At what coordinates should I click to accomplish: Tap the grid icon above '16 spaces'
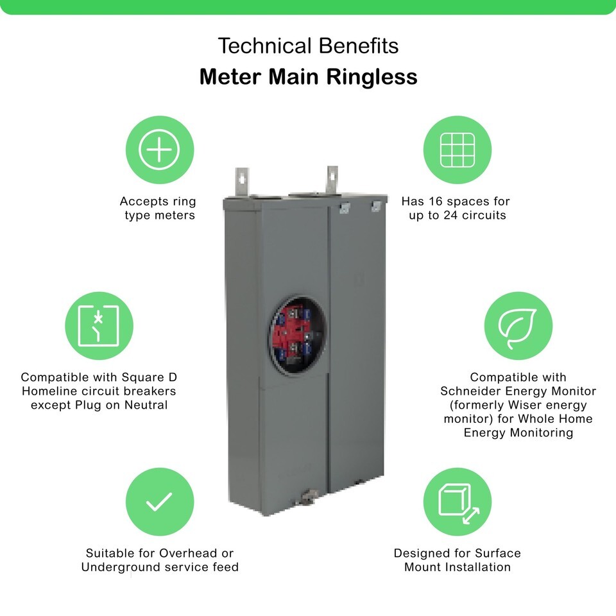pyautogui.click(x=458, y=150)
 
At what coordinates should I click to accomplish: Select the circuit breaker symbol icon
pyautogui.click(x=99, y=326)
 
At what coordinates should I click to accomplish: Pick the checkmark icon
pyautogui.click(x=159, y=502)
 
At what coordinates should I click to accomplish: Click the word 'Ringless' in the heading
pyautogui.click(x=372, y=77)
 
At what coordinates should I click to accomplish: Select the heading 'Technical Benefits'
pyautogui.click(x=308, y=46)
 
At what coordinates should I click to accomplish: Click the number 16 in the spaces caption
pyautogui.click(x=436, y=201)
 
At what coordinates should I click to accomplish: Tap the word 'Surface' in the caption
pyautogui.click(x=498, y=554)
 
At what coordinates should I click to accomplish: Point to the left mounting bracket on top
pyautogui.click(x=242, y=181)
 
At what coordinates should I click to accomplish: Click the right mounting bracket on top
pyautogui.click(x=332, y=180)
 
